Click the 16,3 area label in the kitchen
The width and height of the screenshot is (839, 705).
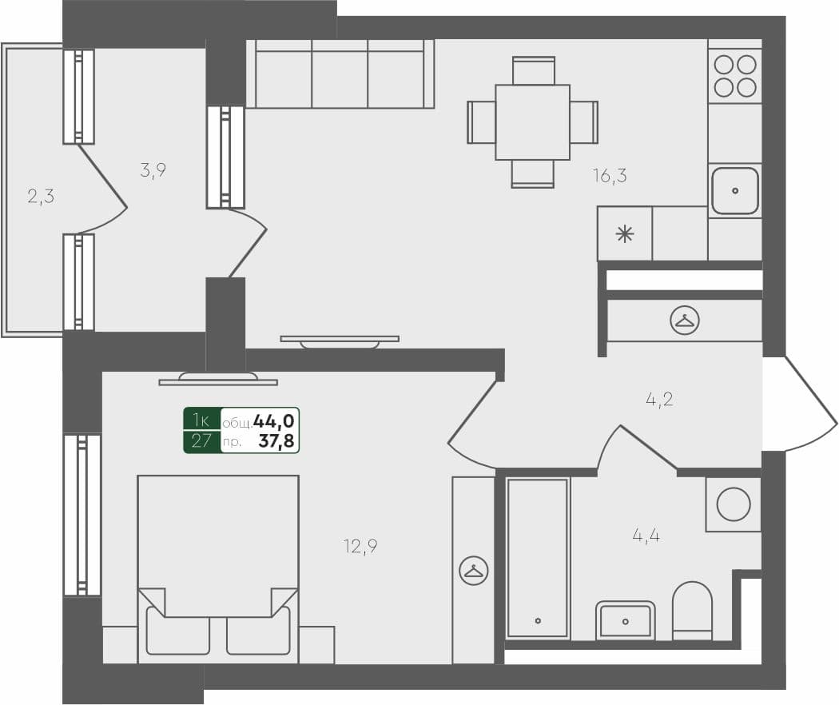click(x=610, y=176)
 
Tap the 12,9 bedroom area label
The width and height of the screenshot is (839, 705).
click(x=360, y=547)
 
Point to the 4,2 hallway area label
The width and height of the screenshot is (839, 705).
click(x=659, y=399)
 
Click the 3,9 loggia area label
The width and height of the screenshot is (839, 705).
click(x=153, y=169)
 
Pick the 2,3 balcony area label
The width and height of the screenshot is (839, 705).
click(x=41, y=196)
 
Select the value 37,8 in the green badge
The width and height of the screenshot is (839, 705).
click(x=276, y=440)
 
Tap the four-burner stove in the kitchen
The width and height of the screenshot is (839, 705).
click(x=735, y=75)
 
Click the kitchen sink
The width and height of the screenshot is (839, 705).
click(x=735, y=190)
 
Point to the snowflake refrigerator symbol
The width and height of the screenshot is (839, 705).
click(x=625, y=234)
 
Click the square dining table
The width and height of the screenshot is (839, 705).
click(x=532, y=122)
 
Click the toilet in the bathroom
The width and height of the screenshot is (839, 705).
click(x=692, y=611)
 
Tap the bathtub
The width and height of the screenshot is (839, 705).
click(x=538, y=558)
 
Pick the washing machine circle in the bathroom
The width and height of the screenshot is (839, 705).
click(x=734, y=504)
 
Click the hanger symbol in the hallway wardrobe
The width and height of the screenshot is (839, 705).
click(x=685, y=321)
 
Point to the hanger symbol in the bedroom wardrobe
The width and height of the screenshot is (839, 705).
click(x=474, y=570)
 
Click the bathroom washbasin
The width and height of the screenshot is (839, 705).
click(x=625, y=620)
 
